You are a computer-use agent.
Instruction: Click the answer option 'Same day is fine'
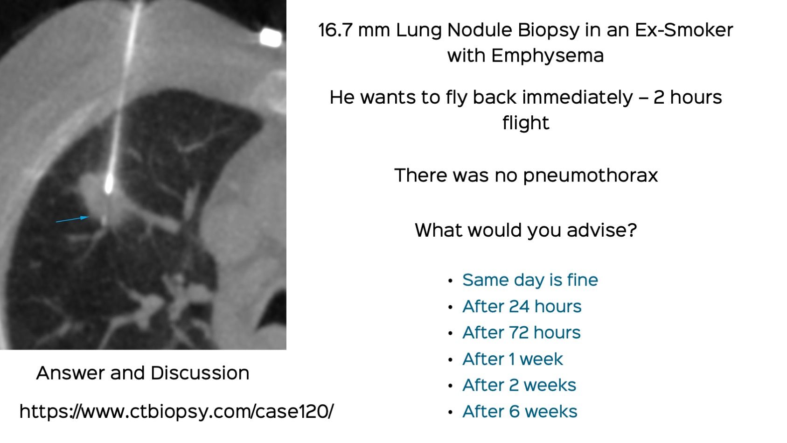point(529,280)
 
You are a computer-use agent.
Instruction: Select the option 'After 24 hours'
point(522,307)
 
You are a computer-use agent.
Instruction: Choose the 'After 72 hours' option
point(521,333)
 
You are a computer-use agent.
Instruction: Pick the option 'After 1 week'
point(512,359)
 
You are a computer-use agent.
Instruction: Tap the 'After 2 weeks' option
point(519,385)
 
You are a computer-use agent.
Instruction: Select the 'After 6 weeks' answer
point(519,412)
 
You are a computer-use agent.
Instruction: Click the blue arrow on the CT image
point(72,219)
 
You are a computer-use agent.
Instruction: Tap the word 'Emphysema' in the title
point(547,56)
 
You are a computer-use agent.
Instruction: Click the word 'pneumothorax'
point(590,176)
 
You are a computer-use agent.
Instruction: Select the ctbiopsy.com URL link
point(176,412)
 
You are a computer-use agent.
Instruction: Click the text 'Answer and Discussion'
point(143,373)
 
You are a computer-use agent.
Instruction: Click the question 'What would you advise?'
point(526,230)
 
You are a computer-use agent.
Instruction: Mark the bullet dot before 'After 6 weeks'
point(450,412)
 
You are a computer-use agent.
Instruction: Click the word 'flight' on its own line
point(526,123)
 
